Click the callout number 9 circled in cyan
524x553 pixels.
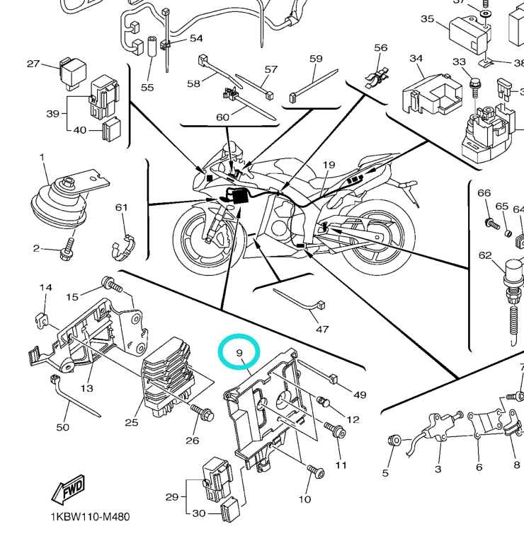239,352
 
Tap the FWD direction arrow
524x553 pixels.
69,490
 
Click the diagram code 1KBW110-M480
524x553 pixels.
89,517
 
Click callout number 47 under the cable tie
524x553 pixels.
323,329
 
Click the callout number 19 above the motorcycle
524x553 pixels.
329,165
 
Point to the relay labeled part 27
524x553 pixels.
73,69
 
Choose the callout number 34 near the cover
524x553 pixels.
416,58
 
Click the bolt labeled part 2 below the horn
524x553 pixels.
67,250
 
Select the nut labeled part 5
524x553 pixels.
393,441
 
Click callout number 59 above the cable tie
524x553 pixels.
316,59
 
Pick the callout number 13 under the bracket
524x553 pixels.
86,388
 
